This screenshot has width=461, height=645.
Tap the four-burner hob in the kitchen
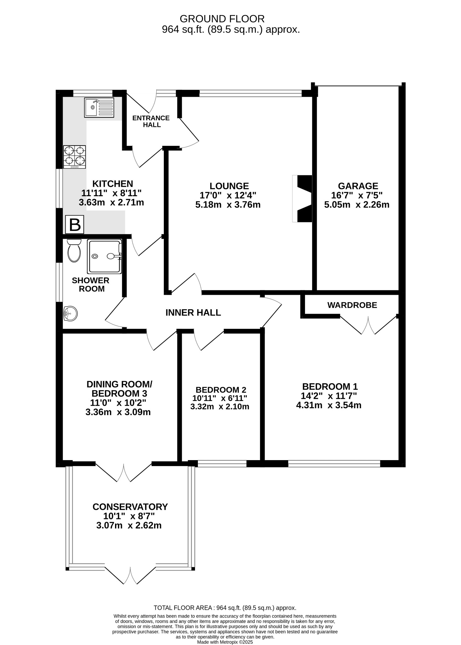pyautogui.click(x=75, y=157)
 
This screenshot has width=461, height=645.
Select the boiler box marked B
pyautogui.click(x=75, y=225)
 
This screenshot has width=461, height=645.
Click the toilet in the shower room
pyautogui.click(x=74, y=251)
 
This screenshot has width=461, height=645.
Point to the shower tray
pyautogui.click(x=105, y=257)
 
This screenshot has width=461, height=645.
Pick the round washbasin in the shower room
pyautogui.click(x=70, y=314)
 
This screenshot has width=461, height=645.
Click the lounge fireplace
pyautogui.click(x=302, y=198)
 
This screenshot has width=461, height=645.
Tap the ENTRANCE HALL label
pyautogui.click(x=151, y=121)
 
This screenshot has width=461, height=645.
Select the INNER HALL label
pyautogui.click(x=193, y=312)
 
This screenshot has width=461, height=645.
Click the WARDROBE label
pyautogui.click(x=352, y=305)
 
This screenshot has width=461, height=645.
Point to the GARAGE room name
pyautogui.click(x=358, y=186)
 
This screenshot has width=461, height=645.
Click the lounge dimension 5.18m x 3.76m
pyautogui.click(x=228, y=205)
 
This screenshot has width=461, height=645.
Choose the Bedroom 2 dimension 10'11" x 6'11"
pyautogui.click(x=220, y=398)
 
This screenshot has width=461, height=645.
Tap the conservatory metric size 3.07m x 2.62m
pyautogui.click(x=129, y=525)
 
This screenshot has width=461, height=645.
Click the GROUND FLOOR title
pyautogui.click(x=222, y=19)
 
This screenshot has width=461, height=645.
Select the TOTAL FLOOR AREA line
pyautogui.click(x=225, y=608)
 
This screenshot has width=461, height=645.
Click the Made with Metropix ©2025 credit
pyautogui.click(x=225, y=642)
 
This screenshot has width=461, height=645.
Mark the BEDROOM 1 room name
pyautogui.click(x=330, y=386)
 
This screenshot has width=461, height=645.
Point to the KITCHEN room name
pyautogui.click(x=112, y=184)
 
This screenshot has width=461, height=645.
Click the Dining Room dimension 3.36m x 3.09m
pyautogui.click(x=118, y=412)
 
